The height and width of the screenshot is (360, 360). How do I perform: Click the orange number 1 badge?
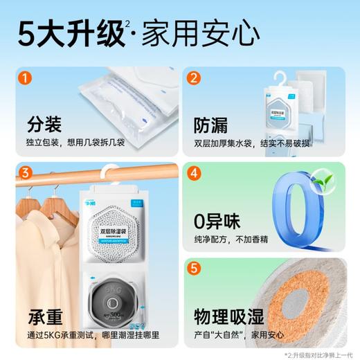[24, 80]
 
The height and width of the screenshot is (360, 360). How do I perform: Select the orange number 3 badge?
[24, 172]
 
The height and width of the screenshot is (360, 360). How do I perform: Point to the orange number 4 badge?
[195, 172]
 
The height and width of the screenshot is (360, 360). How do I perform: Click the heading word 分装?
[44, 125]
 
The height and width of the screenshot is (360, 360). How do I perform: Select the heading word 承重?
[45, 318]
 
